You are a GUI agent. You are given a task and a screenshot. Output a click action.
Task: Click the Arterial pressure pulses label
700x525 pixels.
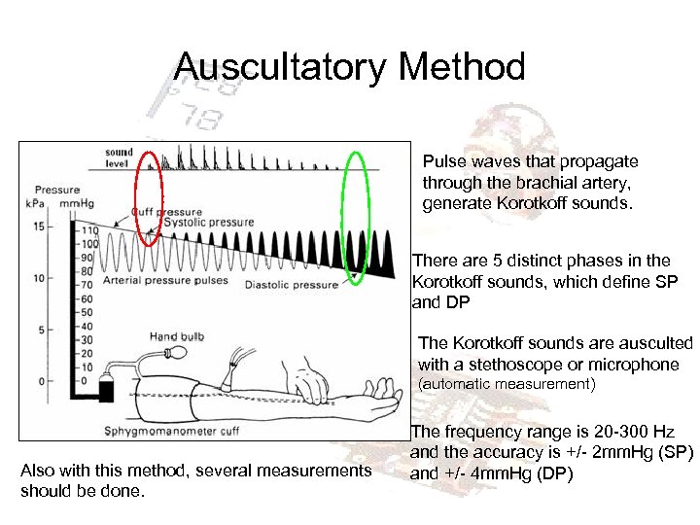point(171,280)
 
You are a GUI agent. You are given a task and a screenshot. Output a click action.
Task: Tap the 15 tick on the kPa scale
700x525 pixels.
point(38,227)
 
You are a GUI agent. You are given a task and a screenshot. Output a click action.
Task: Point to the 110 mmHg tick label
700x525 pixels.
point(90,229)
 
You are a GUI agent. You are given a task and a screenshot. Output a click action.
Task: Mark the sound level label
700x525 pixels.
point(119,158)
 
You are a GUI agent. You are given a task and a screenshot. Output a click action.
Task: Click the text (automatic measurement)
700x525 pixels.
point(505,384)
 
